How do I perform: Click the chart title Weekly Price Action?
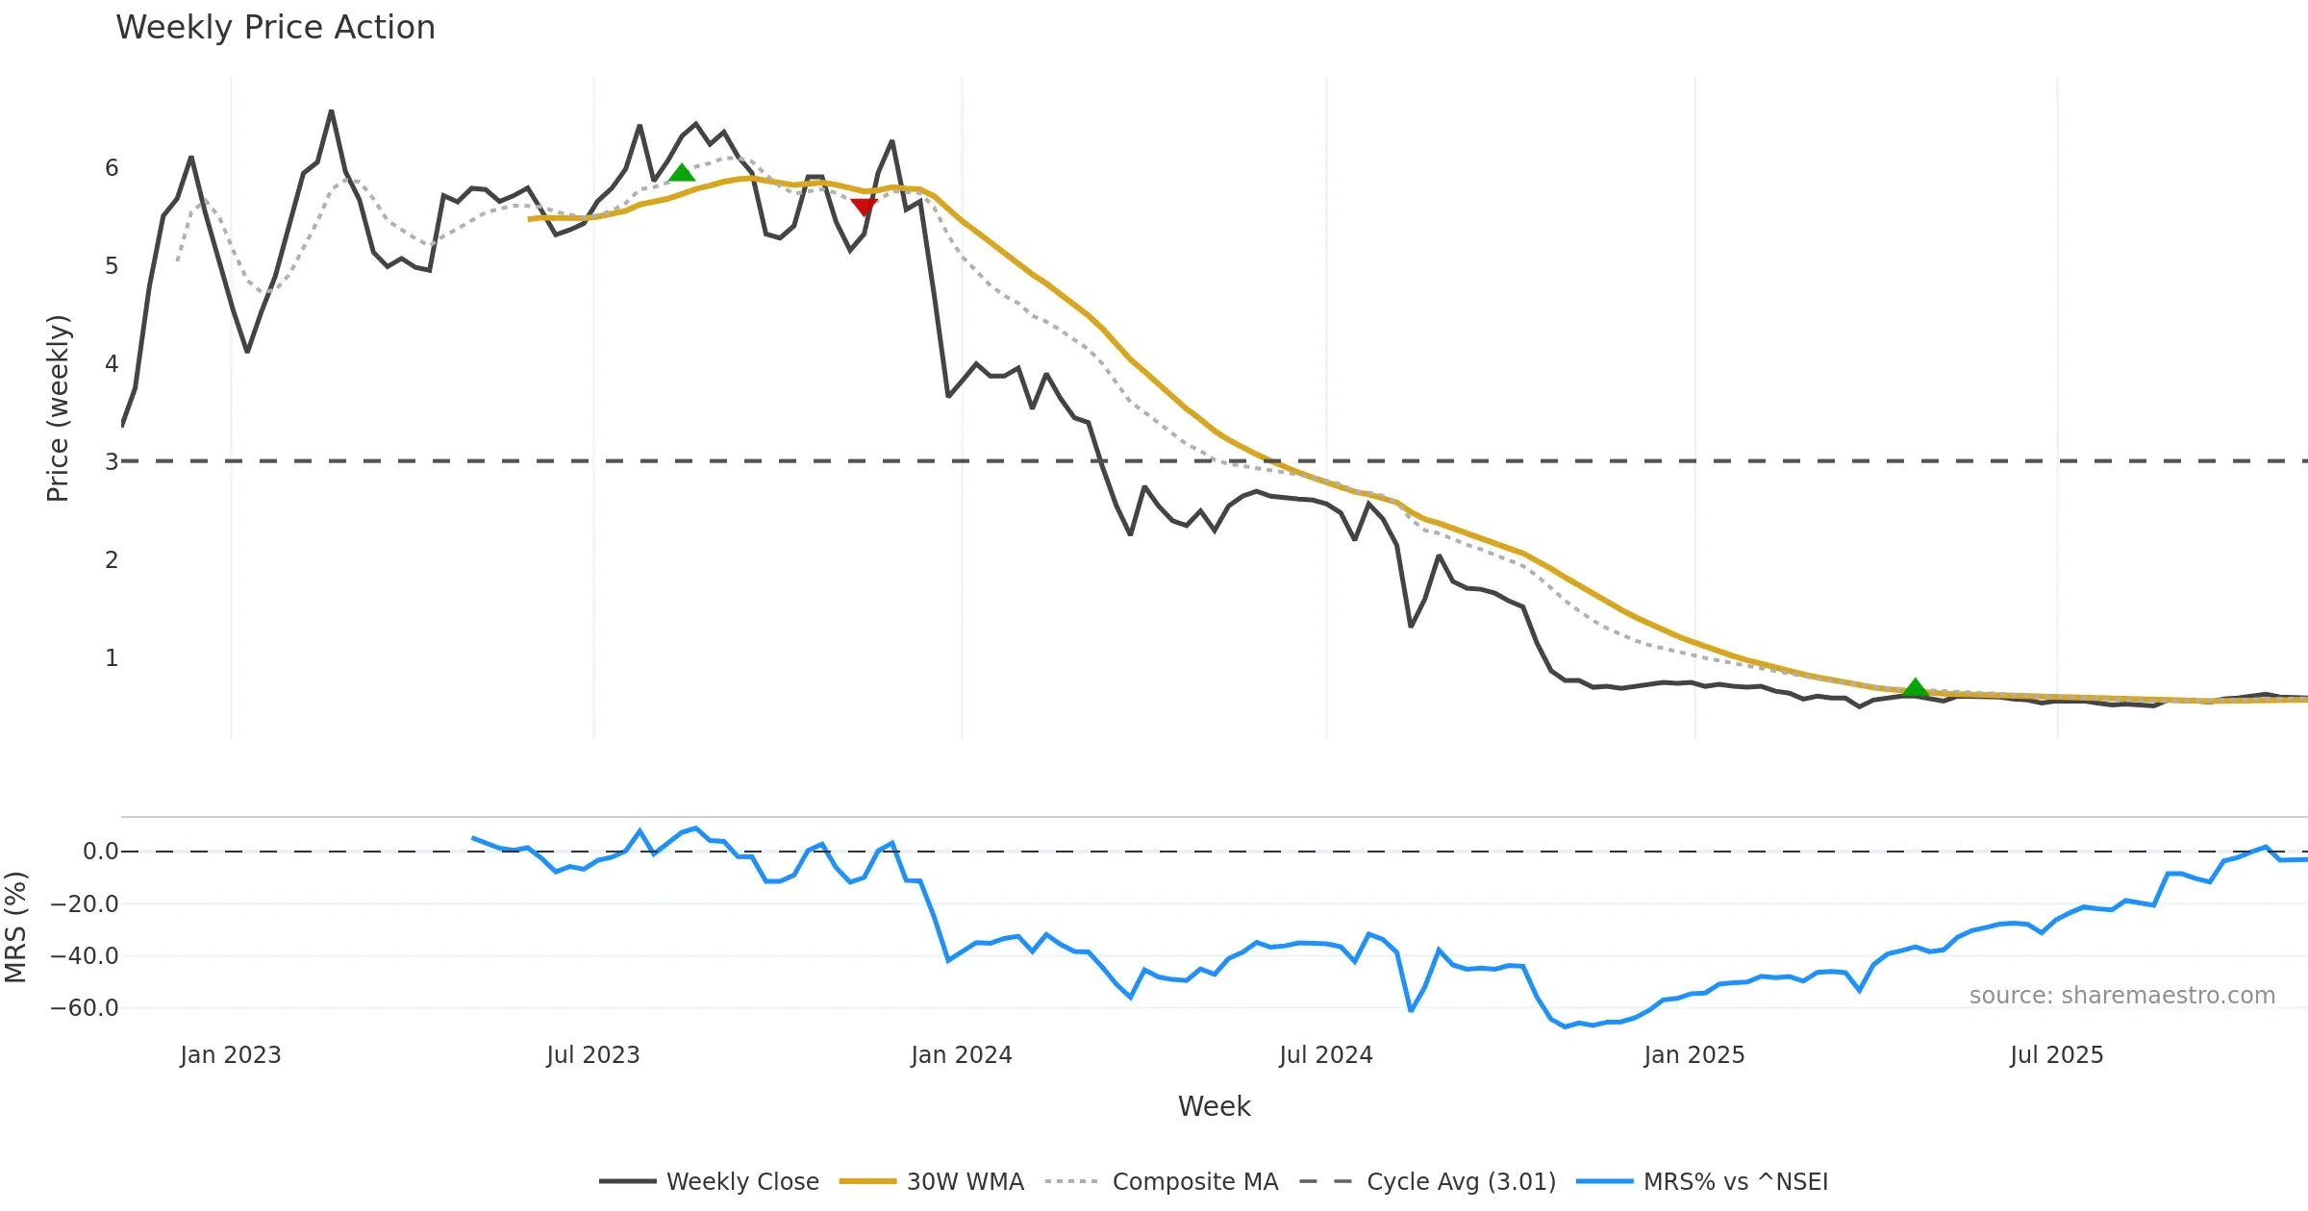[x=275, y=28]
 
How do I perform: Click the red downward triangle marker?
[x=864, y=207]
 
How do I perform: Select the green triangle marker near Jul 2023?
[x=681, y=173]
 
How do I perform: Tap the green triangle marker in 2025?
[x=1915, y=687]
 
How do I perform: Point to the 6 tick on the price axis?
[x=112, y=168]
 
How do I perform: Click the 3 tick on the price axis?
[x=112, y=461]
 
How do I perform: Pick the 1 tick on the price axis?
[x=112, y=658]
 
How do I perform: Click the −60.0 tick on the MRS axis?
[x=85, y=1008]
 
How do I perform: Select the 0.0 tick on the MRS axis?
[x=100, y=852]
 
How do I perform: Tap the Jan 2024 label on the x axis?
[x=962, y=1055]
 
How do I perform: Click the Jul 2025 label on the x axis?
[x=2056, y=1055]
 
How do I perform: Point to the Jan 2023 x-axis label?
[x=231, y=1055]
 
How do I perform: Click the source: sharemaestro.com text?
[x=2121, y=996]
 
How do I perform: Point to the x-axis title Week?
[x=1214, y=1107]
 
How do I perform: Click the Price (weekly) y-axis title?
[x=58, y=408]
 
